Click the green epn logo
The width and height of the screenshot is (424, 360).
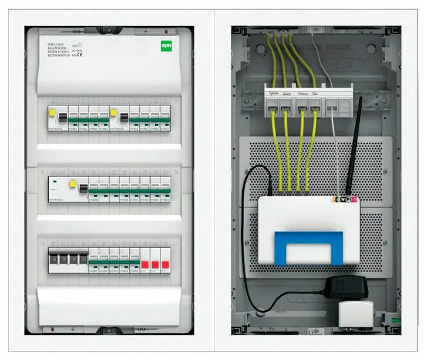167,45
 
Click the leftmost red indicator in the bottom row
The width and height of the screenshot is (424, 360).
145,264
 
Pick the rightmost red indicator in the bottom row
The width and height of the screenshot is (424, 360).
165,264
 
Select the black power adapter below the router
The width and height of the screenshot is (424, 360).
346,287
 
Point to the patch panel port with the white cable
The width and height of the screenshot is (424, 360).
330,110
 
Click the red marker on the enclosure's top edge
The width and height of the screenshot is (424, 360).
167,31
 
